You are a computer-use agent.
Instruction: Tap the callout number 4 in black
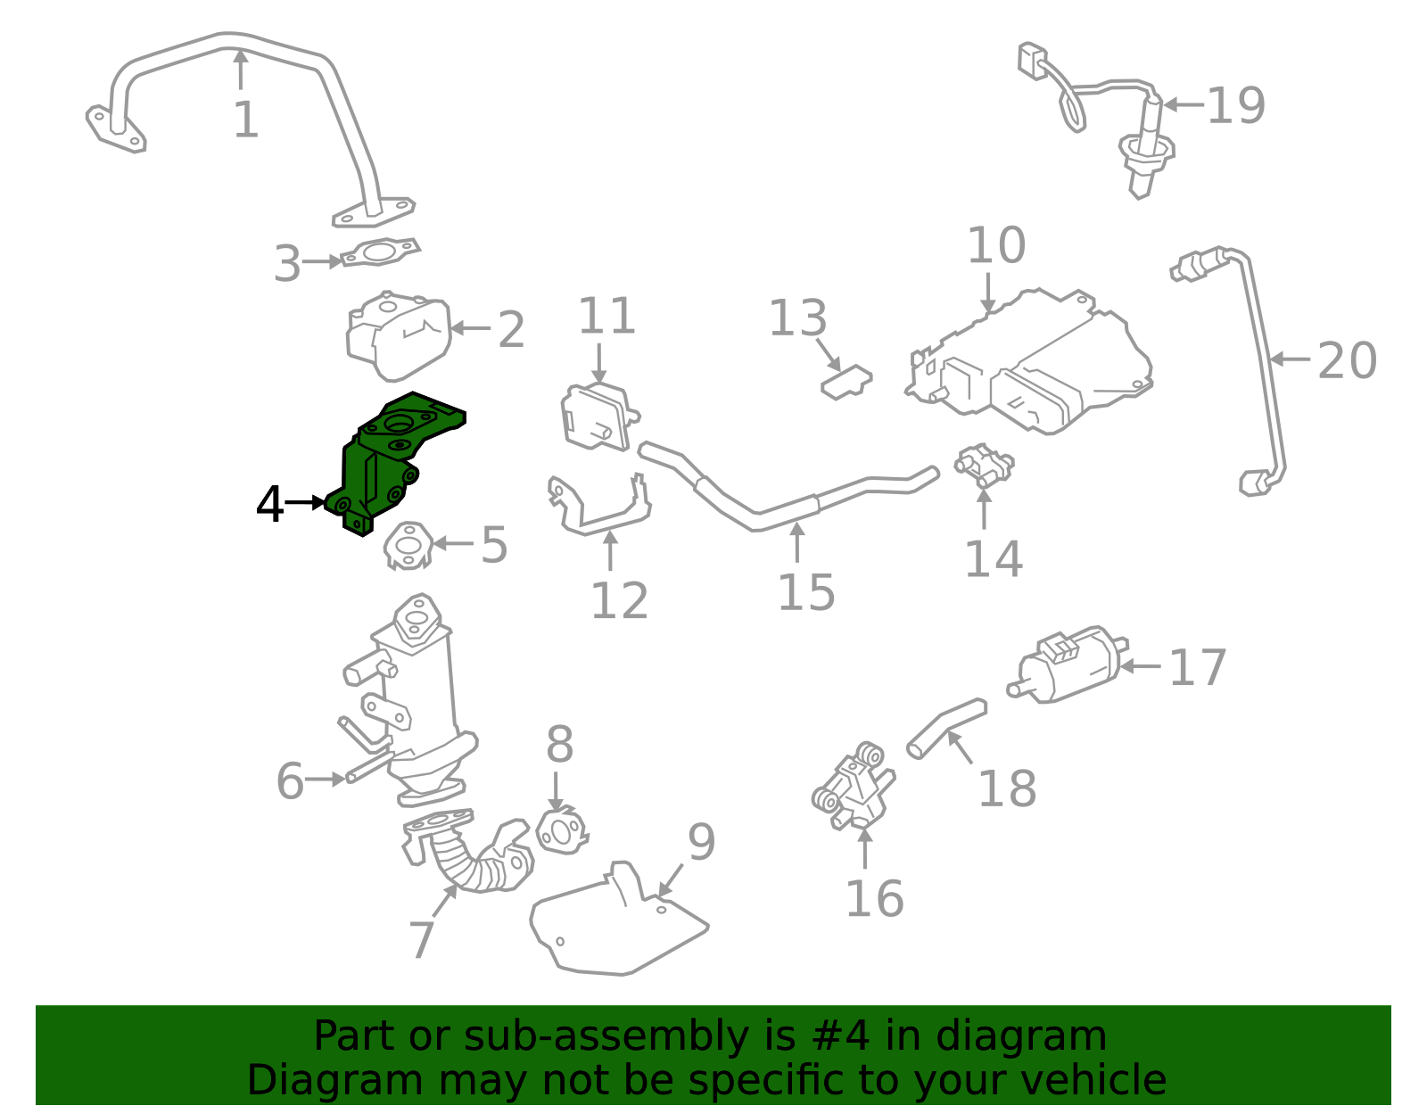click(269, 505)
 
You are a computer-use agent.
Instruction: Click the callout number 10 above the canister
click(996, 245)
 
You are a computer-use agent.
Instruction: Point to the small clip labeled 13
click(845, 382)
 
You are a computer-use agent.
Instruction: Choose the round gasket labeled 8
click(562, 831)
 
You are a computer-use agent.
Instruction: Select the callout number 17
click(1198, 667)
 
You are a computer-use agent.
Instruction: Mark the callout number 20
click(1347, 360)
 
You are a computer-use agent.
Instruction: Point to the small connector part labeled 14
click(984, 466)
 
